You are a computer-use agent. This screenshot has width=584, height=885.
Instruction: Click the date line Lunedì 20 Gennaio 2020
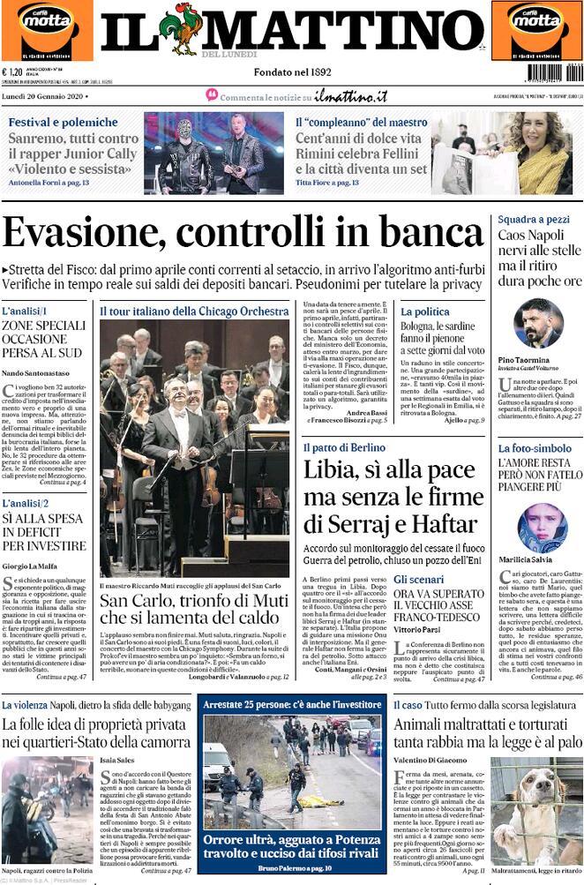click(43, 94)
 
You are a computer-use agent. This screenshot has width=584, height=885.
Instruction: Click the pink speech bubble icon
click(212, 94)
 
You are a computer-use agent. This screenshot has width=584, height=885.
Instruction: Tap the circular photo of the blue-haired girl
click(541, 527)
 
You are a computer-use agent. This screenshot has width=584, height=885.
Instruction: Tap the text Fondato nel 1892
click(293, 71)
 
